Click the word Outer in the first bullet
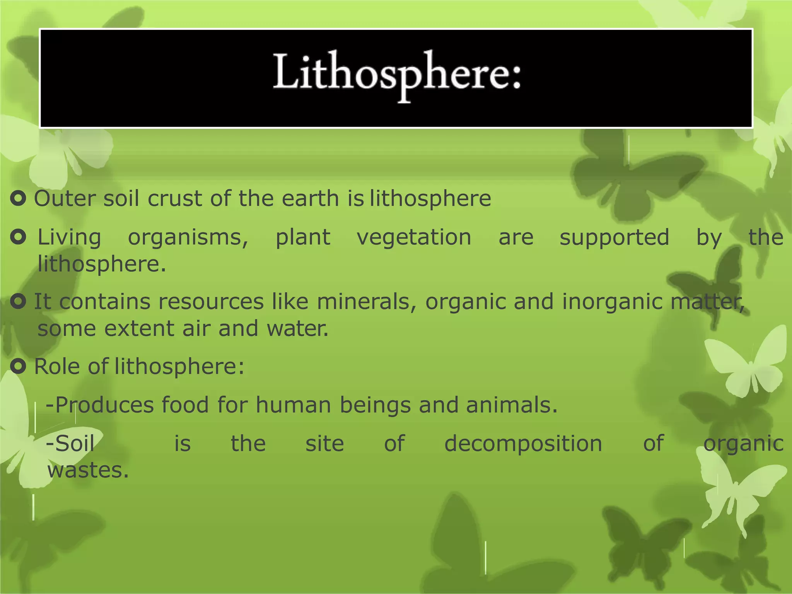pyautogui.click(x=65, y=199)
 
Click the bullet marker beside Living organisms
pyautogui.click(x=18, y=237)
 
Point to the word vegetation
pyautogui.click(x=414, y=237)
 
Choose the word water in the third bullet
pyautogui.click(x=297, y=329)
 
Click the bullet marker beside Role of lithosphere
pyautogui.click(x=18, y=366)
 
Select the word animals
pyautogui.click(x=511, y=405)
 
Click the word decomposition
pyautogui.click(x=523, y=444)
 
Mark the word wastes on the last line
pyautogui.click(x=88, y=470)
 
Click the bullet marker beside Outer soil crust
pyautogui.click(x=18, y=198)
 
